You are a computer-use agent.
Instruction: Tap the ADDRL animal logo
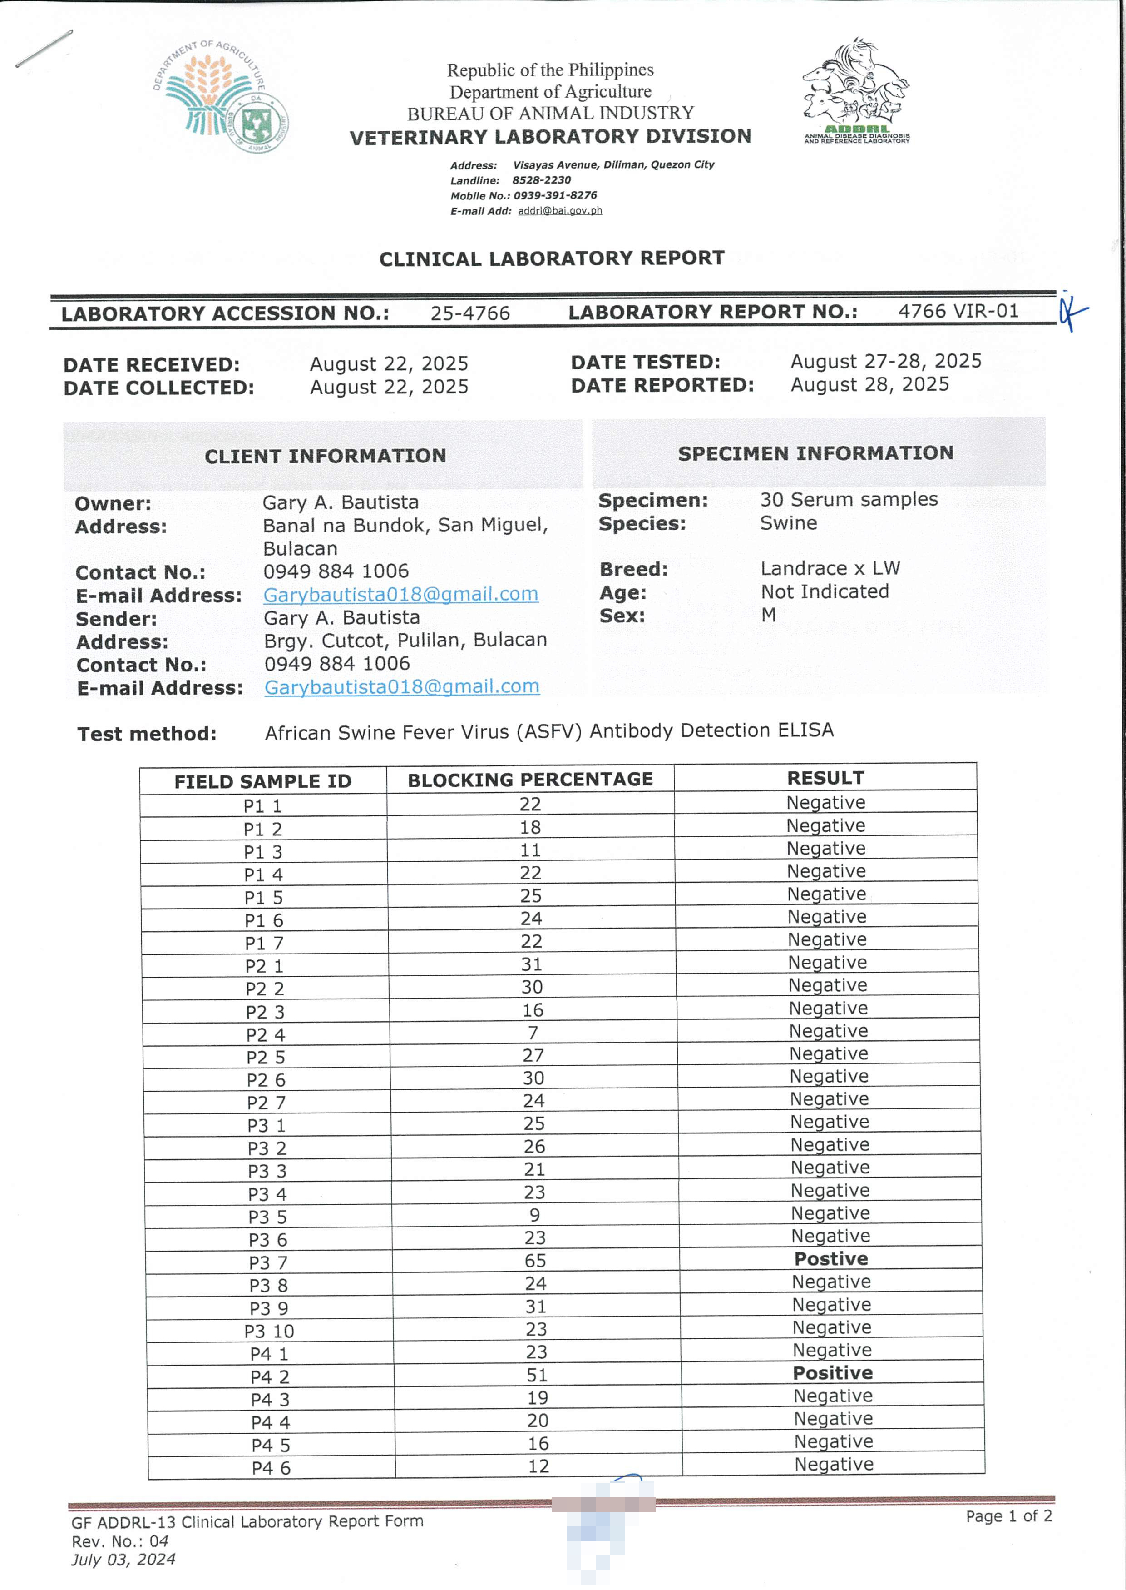(x=856, y=90)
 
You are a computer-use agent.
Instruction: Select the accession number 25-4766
(x=469, y=313)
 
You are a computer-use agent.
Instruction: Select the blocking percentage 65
(x=535, y=1261)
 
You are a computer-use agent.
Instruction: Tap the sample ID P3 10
(x=269, y=1331)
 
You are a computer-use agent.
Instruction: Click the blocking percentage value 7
(x=533, y=1033)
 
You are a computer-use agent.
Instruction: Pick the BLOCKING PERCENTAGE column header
(x=530, y=780)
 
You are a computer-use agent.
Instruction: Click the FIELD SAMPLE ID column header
(x=263, y=782)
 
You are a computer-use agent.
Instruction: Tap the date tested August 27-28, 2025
(x=885, y=361)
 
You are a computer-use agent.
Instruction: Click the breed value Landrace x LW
(x=830, y=568)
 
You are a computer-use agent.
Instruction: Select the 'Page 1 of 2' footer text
(x=1009, y=1516)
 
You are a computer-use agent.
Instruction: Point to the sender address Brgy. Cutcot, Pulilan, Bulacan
(x=405, y=640)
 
